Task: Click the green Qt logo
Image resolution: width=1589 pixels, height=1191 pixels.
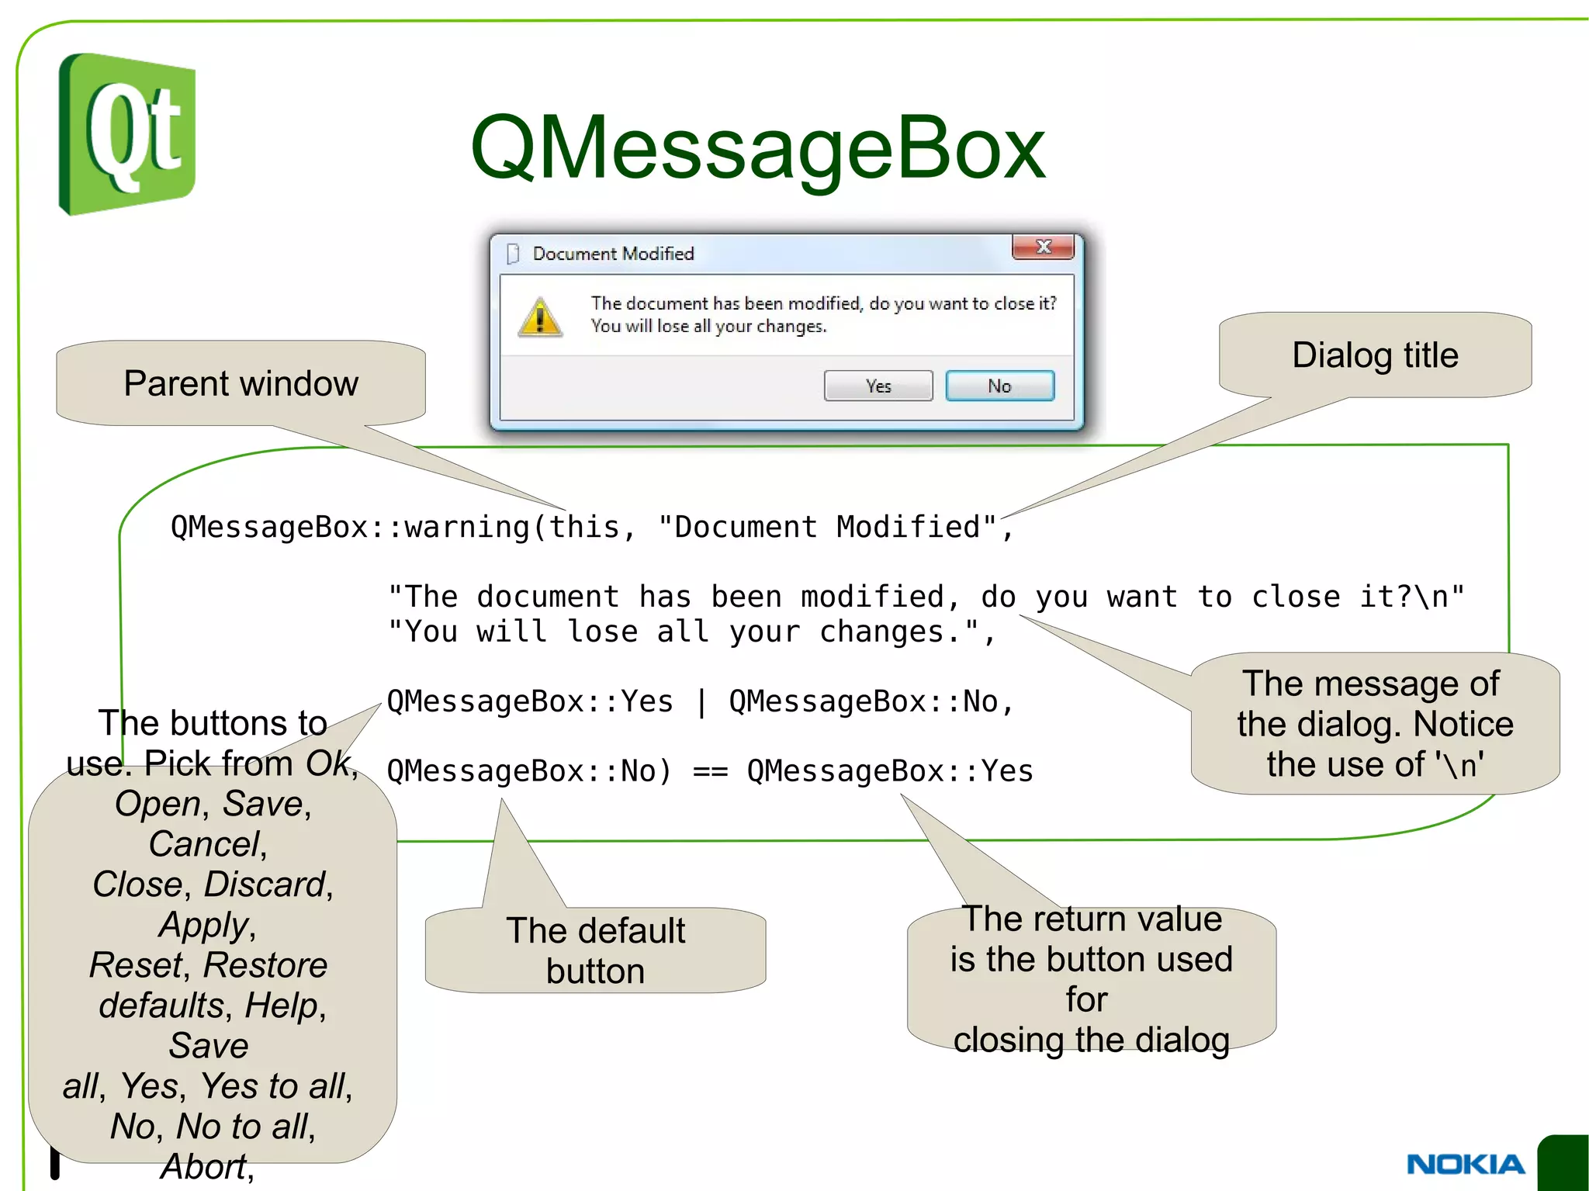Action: pyautogui.click(x=127, y=133)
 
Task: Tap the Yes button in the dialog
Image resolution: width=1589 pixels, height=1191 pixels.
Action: pyautogui.click(x=878, y=386)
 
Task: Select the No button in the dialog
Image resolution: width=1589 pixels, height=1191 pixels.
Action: pyautogui.click(x=999, y=386)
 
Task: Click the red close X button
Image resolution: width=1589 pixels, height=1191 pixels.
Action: pyautogui.click(x=1043, y=247)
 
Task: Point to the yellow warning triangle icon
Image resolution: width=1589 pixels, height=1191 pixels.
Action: pyautogui.click(x=540, y=317)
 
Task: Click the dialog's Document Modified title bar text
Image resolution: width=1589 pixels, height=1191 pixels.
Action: pyautogui.click(x=613, y=254)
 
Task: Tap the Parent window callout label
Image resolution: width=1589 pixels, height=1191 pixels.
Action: pyautogui.click(x=241, y=383)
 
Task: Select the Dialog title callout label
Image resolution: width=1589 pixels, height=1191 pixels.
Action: pyautogui.click(x=1375, y=355)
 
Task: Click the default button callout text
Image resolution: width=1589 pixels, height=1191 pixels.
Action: pyautogui.click(x=595, y=950)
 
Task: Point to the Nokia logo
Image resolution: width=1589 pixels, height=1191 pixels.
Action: pyautogui.click(x=1465, y=1164)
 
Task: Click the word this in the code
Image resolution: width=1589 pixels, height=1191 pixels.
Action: pyautogui.click(x=584, y=528)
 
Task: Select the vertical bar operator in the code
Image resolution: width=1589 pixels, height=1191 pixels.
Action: pyautogui.click(x=701, y=702)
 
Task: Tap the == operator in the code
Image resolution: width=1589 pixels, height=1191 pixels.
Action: pyautogui.click(x=710, y=772)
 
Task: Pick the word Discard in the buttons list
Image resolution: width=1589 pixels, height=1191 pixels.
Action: pyautogui.click(x=264, y=885)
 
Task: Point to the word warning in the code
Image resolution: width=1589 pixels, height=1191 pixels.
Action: pyautogui.click(x=467, y=528)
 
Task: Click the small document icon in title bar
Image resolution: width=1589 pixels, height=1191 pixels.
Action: pyautogui.click(x=512, y=254)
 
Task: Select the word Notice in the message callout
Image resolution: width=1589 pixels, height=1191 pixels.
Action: pyautogui.click(x=1463, y=724)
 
